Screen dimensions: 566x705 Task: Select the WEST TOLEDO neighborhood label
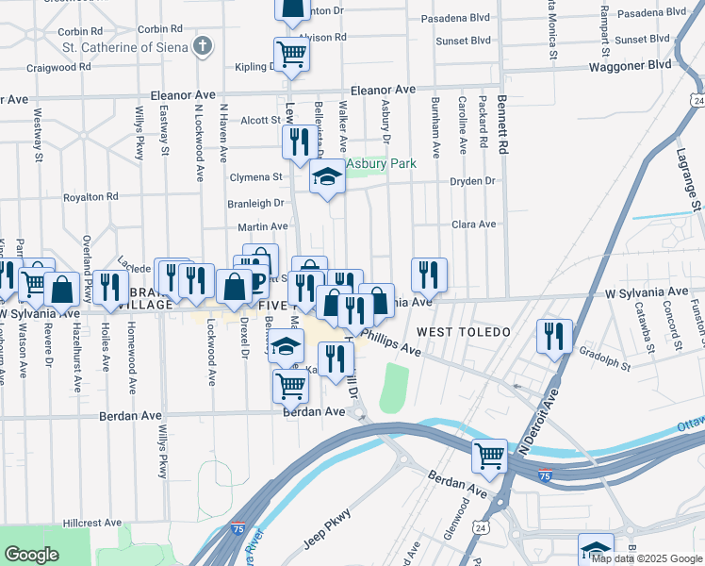click(x=463, y=333)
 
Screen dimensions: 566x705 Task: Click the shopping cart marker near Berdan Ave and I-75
click(x=490, y=457)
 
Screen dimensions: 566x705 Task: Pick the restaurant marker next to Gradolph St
click(x=554, y=337)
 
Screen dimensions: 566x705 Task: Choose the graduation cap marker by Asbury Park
click(x=327, y=177)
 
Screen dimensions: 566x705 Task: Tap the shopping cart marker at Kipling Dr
click(x=291, y=55)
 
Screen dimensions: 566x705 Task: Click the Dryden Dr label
click(x=473, y=181)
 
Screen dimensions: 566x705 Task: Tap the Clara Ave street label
click(x=473, y=225)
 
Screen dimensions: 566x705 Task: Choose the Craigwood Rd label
click(x=58, y=68)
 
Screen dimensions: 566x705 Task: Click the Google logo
click(x=32, y=555)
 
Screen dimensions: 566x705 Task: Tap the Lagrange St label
click(x=690, y=178)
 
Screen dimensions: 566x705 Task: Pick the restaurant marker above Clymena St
click(x=299, y=142)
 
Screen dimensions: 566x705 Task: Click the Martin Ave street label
click(x=262, y=227)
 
